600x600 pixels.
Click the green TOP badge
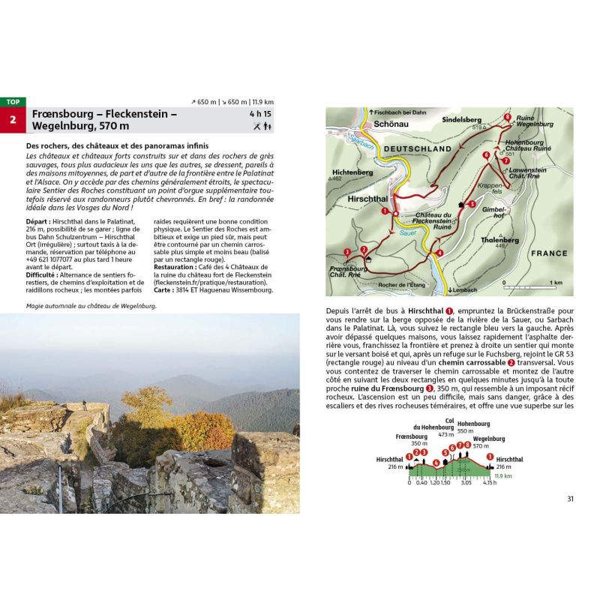point(12,101)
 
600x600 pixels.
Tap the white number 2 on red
point(12,119)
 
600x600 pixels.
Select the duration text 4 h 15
point(262,114)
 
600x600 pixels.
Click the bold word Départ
point(40,223)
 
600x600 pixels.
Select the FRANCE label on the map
point(548,253)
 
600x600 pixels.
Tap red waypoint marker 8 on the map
point(508,118)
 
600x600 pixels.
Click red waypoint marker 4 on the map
point(439,253)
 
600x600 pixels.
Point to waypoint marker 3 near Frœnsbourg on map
point(346,251)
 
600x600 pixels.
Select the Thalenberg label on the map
point(500,240)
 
